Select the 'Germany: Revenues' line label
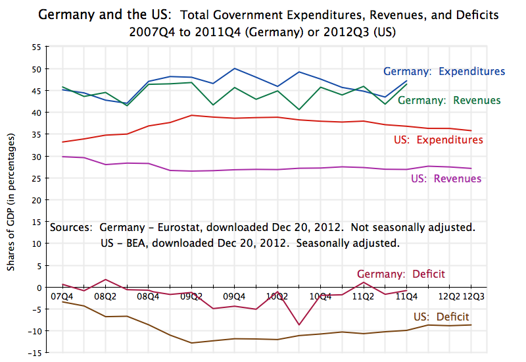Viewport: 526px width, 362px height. (x=449, y=100)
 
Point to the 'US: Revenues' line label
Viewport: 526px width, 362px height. (x=446, y=178)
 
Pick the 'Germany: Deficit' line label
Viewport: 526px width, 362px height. (x=400, y=274)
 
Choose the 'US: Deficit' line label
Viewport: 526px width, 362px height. (x=441, y=317)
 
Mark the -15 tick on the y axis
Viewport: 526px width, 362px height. (x=34, y=353)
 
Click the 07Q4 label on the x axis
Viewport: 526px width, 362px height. (x=62, y=297)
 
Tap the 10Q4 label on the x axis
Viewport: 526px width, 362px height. (x=320, y=297)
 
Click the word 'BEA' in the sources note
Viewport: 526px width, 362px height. (x=132, y=242)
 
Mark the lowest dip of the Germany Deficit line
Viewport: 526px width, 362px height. (x=299, y=324)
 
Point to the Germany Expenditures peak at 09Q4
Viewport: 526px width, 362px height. (x=235, y=68)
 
